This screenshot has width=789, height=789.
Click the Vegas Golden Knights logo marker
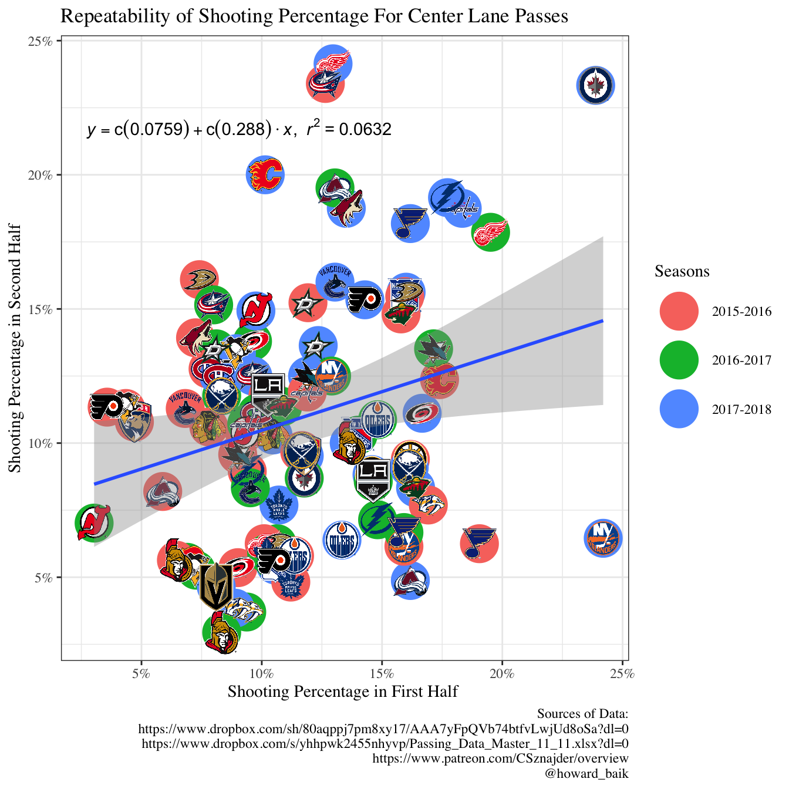pos(215,587)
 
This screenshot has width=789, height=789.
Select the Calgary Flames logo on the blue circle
pos(265,174)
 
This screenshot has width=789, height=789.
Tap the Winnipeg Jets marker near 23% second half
pos(596,86)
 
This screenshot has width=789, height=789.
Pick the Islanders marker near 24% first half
pos(603,538)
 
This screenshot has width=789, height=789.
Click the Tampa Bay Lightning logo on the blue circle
pos(447,197)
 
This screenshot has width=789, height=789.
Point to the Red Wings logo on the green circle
pos(491,232)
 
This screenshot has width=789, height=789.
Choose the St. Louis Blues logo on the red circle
pos(480,544)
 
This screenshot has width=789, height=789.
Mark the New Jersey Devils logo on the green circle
pos(94,522)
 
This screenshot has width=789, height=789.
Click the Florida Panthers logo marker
pos(135,422)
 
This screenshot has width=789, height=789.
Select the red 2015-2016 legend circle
pos(679,311)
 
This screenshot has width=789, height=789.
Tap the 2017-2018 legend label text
pos(741,409)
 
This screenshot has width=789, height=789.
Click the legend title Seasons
pos(682,271)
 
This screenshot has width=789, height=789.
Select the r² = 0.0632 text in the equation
pos(349,129)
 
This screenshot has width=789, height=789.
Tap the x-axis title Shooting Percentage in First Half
pos(343,692)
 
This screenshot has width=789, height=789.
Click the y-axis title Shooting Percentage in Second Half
pos(15,348)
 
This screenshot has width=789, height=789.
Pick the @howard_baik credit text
pos(586,773)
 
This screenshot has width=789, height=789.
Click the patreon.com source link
pos(500,758)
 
